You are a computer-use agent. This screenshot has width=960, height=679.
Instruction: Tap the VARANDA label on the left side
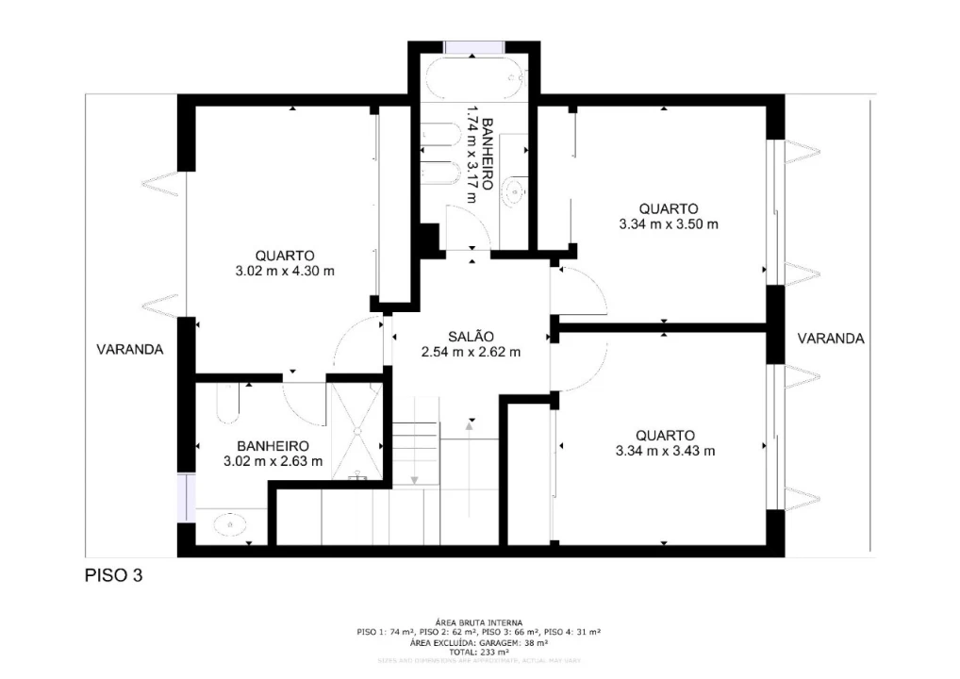tap(129, 349)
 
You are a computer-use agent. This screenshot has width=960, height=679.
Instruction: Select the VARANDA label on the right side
tap(831, 339)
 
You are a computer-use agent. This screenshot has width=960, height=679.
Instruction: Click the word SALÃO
tap(472, 337)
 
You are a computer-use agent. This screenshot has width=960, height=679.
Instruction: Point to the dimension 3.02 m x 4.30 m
tap(285, 271)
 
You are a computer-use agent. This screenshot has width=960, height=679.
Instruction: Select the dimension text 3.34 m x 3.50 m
tap(668, 224)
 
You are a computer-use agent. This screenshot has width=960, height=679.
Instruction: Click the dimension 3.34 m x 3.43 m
tap(665, 451)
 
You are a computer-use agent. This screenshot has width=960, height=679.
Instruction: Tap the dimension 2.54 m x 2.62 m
tap(471, 353)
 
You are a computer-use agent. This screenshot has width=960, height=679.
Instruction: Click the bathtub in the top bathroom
tap(473, 77)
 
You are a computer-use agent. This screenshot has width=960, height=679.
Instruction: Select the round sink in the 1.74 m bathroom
tap(514, 192)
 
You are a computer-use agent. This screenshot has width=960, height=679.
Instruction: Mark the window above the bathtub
tap(473, 47)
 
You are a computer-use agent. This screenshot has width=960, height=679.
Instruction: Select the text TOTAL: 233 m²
tap(479, 652)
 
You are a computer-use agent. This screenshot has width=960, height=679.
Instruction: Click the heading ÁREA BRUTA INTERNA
tap(479, 623)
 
